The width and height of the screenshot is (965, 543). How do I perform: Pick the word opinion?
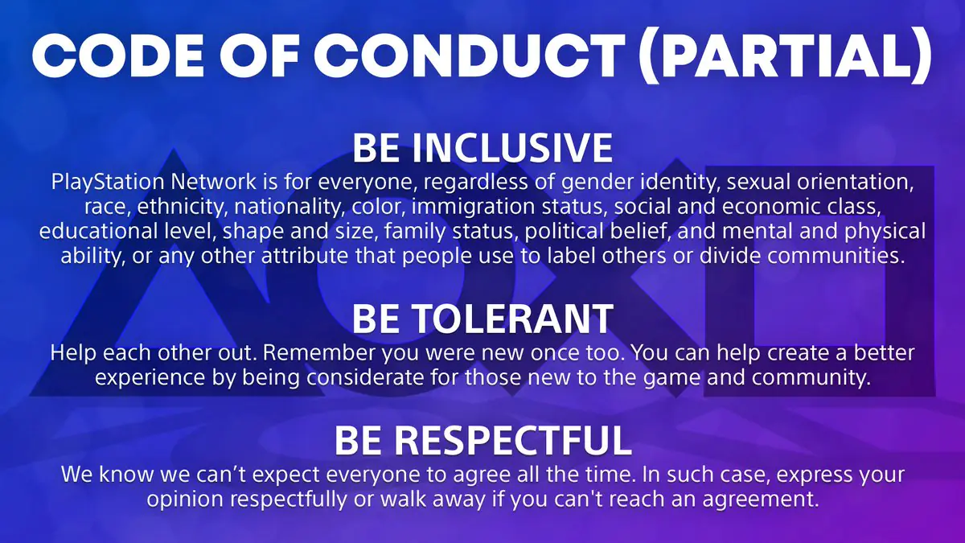point(182,500)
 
